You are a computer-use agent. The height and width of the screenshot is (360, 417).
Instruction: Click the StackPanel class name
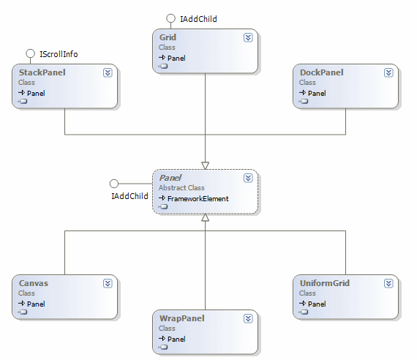38,73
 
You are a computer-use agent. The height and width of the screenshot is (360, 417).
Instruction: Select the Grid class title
168,37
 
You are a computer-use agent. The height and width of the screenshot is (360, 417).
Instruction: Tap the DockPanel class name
321,73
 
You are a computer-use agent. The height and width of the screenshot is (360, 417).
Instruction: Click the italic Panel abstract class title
170,178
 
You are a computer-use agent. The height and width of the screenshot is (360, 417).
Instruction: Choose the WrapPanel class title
181,318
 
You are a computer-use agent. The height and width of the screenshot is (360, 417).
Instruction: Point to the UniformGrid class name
326,283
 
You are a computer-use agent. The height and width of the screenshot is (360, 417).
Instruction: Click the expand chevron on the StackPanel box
108,72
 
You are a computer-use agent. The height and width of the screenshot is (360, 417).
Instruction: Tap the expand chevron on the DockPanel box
388,72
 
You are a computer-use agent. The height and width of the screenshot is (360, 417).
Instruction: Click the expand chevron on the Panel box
248,178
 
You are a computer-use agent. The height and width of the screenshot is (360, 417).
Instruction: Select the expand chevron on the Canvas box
108,283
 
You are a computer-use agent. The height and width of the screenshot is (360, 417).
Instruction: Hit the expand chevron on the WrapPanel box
248,318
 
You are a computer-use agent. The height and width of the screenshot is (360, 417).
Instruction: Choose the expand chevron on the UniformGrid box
388,283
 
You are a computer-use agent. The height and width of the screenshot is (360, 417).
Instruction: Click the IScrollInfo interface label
59,54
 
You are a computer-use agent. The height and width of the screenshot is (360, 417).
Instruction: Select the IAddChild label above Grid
198,19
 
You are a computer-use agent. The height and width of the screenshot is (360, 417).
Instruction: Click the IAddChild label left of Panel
129,196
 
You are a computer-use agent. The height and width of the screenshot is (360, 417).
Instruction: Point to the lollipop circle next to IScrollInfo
31,53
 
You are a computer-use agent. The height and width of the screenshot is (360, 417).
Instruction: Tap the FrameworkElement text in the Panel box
198,198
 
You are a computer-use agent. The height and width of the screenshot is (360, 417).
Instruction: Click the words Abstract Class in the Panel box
183,188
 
